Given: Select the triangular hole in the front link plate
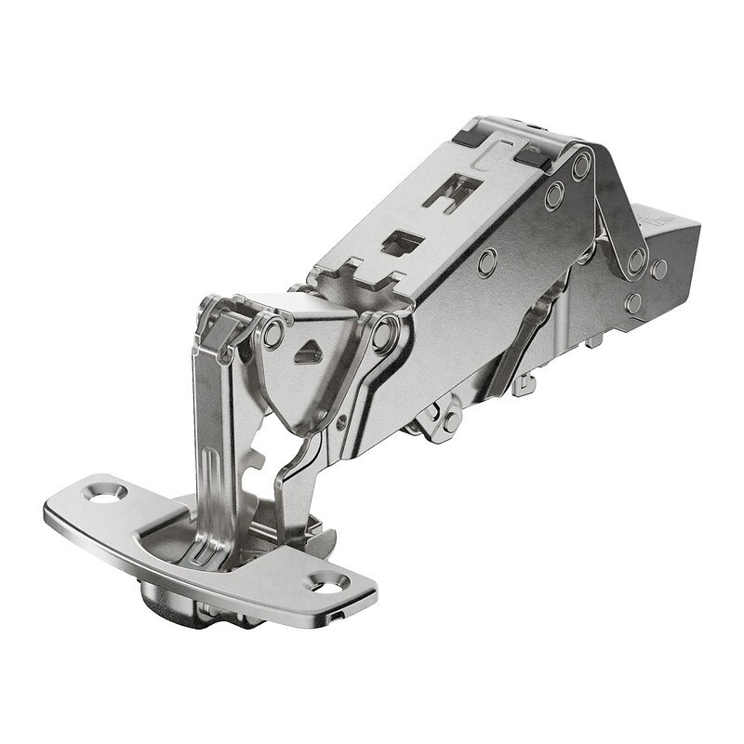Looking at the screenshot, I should [308, 353].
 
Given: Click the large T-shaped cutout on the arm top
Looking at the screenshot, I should [452, 192].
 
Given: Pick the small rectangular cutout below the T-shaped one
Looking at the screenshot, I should [402, 243].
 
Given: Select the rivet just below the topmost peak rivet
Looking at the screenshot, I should [554, 195].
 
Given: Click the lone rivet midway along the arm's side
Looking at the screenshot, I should [486, 261].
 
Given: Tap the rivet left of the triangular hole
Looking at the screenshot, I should [272, 333].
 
